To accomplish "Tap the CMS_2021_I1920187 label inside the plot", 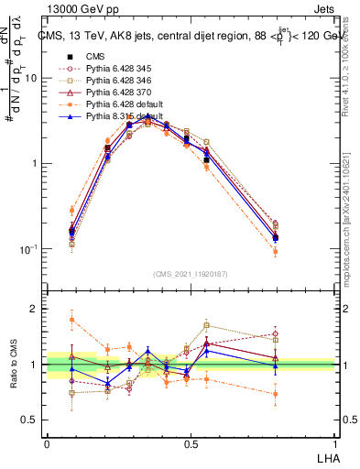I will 191,275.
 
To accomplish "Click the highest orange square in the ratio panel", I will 72,320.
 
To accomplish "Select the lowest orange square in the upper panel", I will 276,251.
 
